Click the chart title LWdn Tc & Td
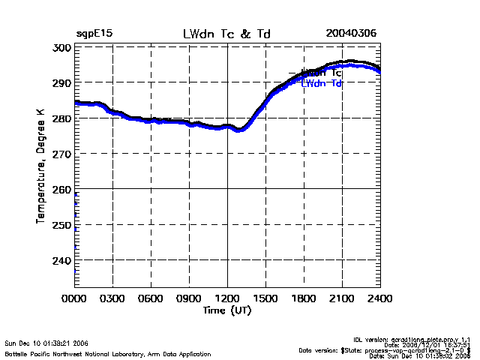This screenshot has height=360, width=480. click(x=227, y=34)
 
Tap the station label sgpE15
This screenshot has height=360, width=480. click(x=94, y=34)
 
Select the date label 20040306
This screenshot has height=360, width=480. click(x=351, y=34)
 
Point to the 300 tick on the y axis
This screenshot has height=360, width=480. click(x=61, y=47)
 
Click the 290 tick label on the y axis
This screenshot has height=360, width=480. click(x=61, y=82)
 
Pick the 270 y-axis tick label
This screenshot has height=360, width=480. click(x=61, y=154)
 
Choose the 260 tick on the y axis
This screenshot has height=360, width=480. click(x=61, y=189)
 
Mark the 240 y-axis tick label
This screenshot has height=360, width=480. click(x=61, y=260)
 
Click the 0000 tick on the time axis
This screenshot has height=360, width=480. click(x=74, y=298)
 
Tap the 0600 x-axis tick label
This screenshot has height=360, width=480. click(x=151, y=298)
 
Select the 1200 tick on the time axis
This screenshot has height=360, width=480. click(x=227, y=298)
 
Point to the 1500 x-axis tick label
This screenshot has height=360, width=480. click(x=265, y=298)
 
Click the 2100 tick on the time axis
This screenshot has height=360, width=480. click(x=342, y=298)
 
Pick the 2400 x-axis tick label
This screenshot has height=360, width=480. click(x=380, y=298)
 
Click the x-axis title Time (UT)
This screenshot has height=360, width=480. click(x=227, y=310)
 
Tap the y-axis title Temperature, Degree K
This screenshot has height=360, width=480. click(x=40, y=166)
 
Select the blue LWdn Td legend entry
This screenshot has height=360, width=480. click(x=322, y=83)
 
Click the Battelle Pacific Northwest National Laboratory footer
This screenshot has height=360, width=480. click(x=108, y=353)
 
